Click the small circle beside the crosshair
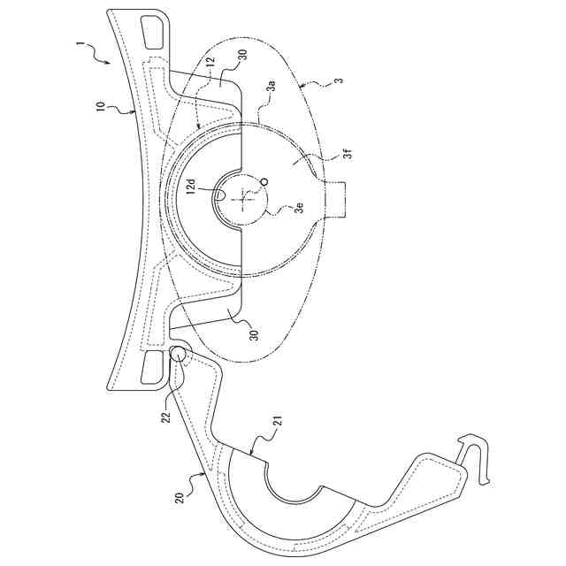[263, 182]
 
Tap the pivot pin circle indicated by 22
[177, 356]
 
